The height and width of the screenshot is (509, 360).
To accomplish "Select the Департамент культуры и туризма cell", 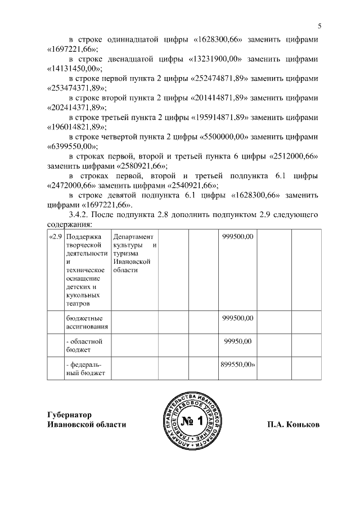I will point(134,253).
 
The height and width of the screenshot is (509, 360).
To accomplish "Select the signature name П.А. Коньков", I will point(293,425).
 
